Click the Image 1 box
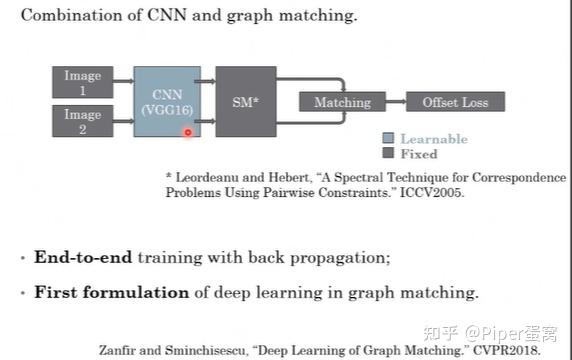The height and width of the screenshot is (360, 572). [x=83, y=82]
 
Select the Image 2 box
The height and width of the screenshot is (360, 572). [x=83, y=121]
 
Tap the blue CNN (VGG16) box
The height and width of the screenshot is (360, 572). [x=167, y=101]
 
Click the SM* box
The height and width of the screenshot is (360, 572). [x=245, y=101]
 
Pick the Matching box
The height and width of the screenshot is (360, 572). [x=342, y=102]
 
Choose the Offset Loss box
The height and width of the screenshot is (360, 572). [x=455, y=102]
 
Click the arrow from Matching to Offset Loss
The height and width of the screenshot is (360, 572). [x=395, y=102]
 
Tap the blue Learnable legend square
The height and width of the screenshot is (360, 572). [x=388, y=139]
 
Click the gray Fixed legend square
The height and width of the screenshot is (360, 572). [x=388, y=154]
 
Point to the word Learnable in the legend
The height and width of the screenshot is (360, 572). [x=433, y=139]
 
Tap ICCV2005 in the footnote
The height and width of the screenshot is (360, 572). [x=434, y=193]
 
